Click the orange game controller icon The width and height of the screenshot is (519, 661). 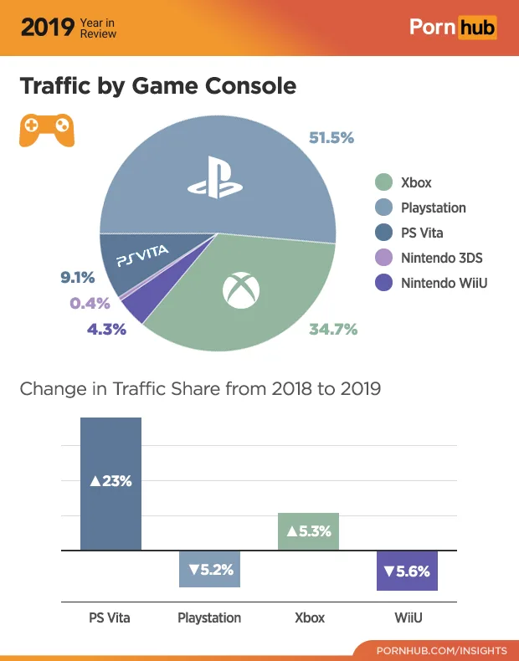46,129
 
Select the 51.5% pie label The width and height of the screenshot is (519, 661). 331,137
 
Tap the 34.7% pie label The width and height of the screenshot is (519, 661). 333,330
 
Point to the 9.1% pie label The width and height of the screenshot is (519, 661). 77,277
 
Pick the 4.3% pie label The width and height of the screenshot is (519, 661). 106,330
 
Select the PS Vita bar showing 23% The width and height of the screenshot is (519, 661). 110,483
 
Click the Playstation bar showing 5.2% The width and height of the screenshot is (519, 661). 209,569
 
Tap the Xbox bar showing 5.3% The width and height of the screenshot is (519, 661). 308,531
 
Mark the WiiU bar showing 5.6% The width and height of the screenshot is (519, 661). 407,571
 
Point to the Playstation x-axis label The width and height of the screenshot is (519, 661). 209,618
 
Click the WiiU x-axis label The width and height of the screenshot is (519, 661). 408,618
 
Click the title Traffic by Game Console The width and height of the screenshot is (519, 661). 157,85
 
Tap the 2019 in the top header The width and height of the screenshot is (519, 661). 47,28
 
